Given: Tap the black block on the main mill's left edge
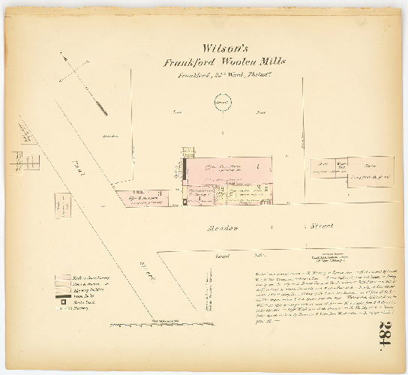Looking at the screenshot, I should (x=182, y=165).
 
